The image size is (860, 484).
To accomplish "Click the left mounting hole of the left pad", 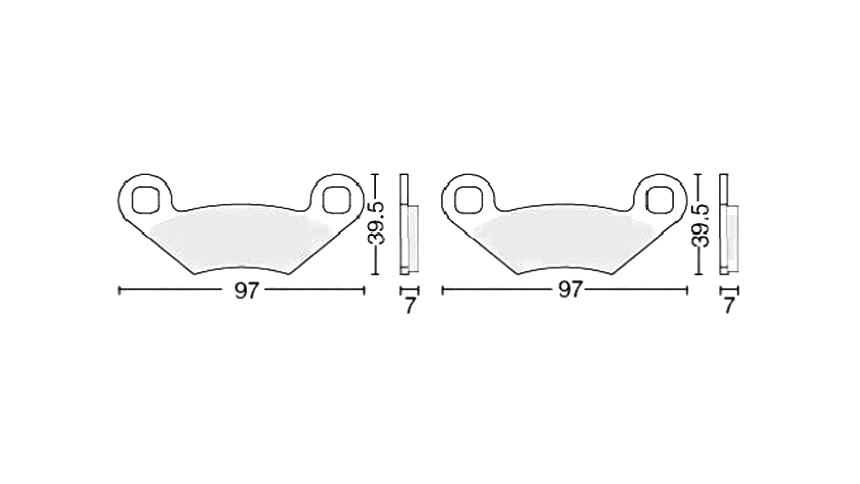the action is pos(146,199).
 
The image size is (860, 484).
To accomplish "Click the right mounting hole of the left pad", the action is pos(336,199).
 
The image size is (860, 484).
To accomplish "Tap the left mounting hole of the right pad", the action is pos(469,199).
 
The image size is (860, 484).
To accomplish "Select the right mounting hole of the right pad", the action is pos(659,199).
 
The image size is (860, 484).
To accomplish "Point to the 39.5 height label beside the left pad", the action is pos(376,223).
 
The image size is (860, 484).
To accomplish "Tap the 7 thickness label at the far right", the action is pos(729,306).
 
